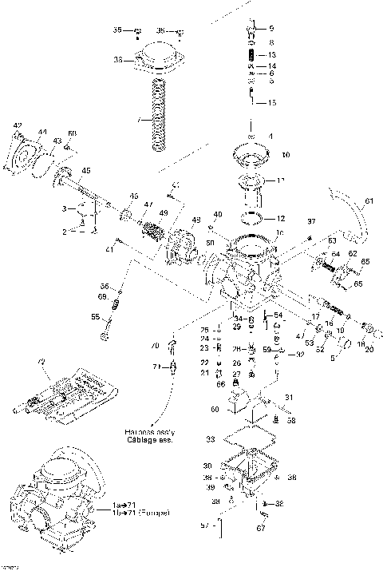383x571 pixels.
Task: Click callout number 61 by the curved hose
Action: [368, 200]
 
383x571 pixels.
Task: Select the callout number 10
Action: [286, 154]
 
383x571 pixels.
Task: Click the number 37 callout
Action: [311, 220]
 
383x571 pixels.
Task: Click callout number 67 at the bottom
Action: [260, 527]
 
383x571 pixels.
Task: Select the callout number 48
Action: [195, 220]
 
